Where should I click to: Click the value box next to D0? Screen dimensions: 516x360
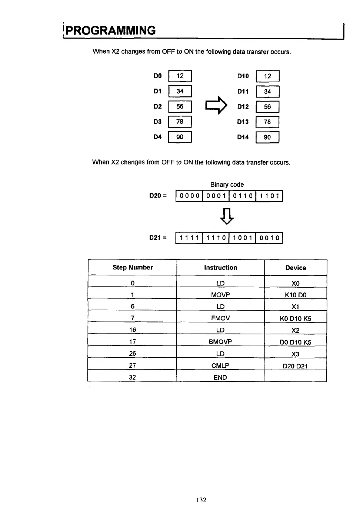(x=180, y=76)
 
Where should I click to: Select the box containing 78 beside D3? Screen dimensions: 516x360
(x=180, y=122)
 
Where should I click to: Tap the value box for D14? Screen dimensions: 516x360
(x=267, y=137)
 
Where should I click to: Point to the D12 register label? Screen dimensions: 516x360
(x=243, y=107)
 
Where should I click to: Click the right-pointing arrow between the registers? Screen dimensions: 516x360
(x=216, y=106)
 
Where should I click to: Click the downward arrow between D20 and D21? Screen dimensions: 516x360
(x=227, y=216)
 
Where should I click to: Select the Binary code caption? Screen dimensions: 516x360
(x=227, y=185)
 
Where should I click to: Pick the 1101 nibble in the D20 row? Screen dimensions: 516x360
(x=269, y=196)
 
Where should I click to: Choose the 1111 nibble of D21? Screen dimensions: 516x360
(x=189, y=238)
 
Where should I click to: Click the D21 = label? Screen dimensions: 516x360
(x=158, y=238)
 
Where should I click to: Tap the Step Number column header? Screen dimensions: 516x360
(x=133, y=267)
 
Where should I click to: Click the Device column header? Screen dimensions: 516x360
(x=296, y=268)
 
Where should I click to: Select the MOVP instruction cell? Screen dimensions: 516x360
(x=220, y=295)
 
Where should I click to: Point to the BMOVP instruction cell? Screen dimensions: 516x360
(x=220, y=341)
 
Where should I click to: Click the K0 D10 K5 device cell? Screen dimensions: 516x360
(x=296, y=318)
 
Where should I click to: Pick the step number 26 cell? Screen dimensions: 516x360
(x=133, y=354)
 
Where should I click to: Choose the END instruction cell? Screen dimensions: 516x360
(x=220, y=377)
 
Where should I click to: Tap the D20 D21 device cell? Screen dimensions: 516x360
(x=296, y=366)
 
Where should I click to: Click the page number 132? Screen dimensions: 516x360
(x=201, y=500)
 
